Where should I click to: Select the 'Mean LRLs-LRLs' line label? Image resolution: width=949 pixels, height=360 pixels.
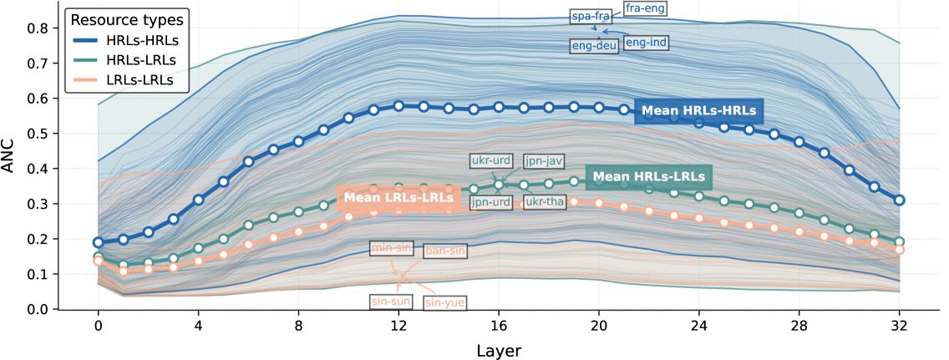click(x=398, y=197)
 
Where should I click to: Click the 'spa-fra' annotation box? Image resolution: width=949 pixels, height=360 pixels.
click(x=591, y=16)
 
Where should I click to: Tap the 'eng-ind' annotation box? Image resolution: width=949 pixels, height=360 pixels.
click(x=646, y=42)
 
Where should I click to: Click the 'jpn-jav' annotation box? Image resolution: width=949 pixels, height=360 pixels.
click(x=541, y=160)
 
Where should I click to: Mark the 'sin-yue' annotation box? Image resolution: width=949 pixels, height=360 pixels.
click(x=444, y=302)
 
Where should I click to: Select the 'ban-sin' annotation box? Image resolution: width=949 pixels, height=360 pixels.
click(x=445, y=249)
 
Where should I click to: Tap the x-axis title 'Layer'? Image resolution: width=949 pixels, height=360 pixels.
click(x=498, y=350)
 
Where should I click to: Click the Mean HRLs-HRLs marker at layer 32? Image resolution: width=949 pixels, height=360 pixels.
click(x=899, y=200)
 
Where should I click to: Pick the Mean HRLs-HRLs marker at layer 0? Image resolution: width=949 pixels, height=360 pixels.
click(x=99, y=242)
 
